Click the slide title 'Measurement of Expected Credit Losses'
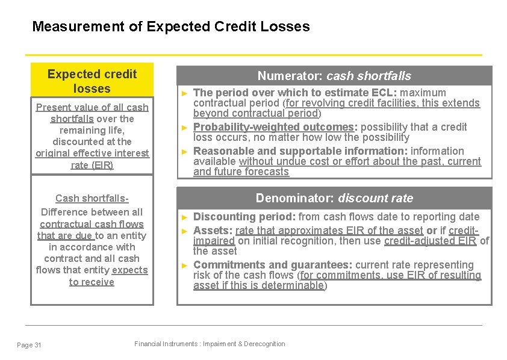(x=170, y=26)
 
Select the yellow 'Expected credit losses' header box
(x=92, y=81)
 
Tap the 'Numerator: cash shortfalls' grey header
(x=334, y=76)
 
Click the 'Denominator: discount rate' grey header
(x=334, y=198)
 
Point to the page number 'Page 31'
(x=30, y=345)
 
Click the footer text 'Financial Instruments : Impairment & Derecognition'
(x=210, y=344)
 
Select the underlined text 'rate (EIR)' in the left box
(x=92, y=165)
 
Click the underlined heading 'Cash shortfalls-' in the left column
(x=92, y=199)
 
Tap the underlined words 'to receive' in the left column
(x=92, y=282)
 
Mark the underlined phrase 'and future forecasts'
(x=241, y=172)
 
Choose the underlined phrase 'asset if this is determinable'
(x=258, y=286)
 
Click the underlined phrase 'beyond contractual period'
(x=255, y=113)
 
